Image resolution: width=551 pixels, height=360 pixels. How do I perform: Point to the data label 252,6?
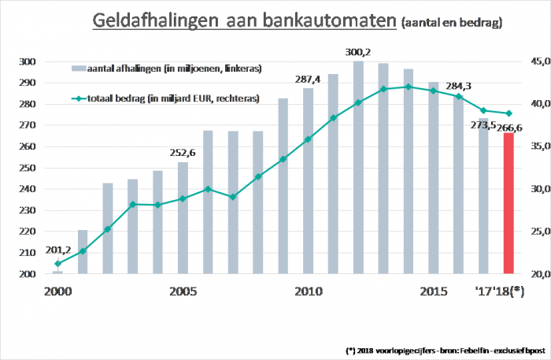click(183, 154)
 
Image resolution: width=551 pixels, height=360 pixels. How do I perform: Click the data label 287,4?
click(308, 80)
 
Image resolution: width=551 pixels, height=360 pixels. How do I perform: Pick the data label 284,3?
click(457, 86)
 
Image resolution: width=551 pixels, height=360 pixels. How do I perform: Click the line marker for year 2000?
click(57, 263)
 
